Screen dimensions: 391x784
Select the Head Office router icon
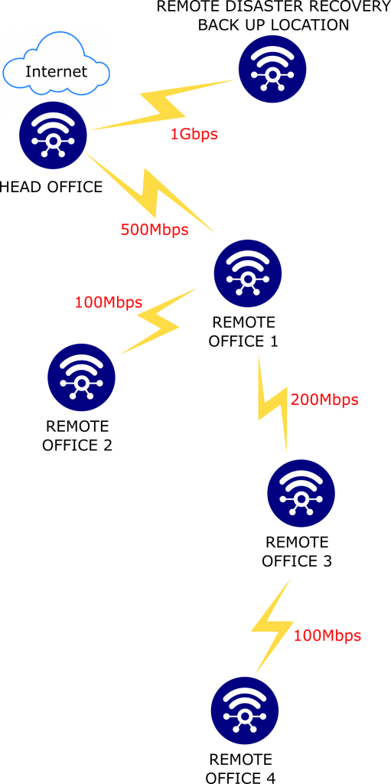[x=54, y=133]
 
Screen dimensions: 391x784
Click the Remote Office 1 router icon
[x=248, y=273]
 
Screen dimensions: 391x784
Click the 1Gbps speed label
[x=194, y=134]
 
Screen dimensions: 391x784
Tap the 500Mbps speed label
[x=155, y=230]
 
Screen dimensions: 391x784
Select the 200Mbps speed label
[x=324, y=400]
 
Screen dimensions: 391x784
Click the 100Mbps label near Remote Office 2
[x=109, y=302]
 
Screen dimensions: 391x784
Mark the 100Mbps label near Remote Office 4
[x=327, y=635]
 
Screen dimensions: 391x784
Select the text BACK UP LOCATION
[x=273, y=25]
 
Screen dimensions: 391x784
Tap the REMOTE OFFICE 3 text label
[x=297, y=551]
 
